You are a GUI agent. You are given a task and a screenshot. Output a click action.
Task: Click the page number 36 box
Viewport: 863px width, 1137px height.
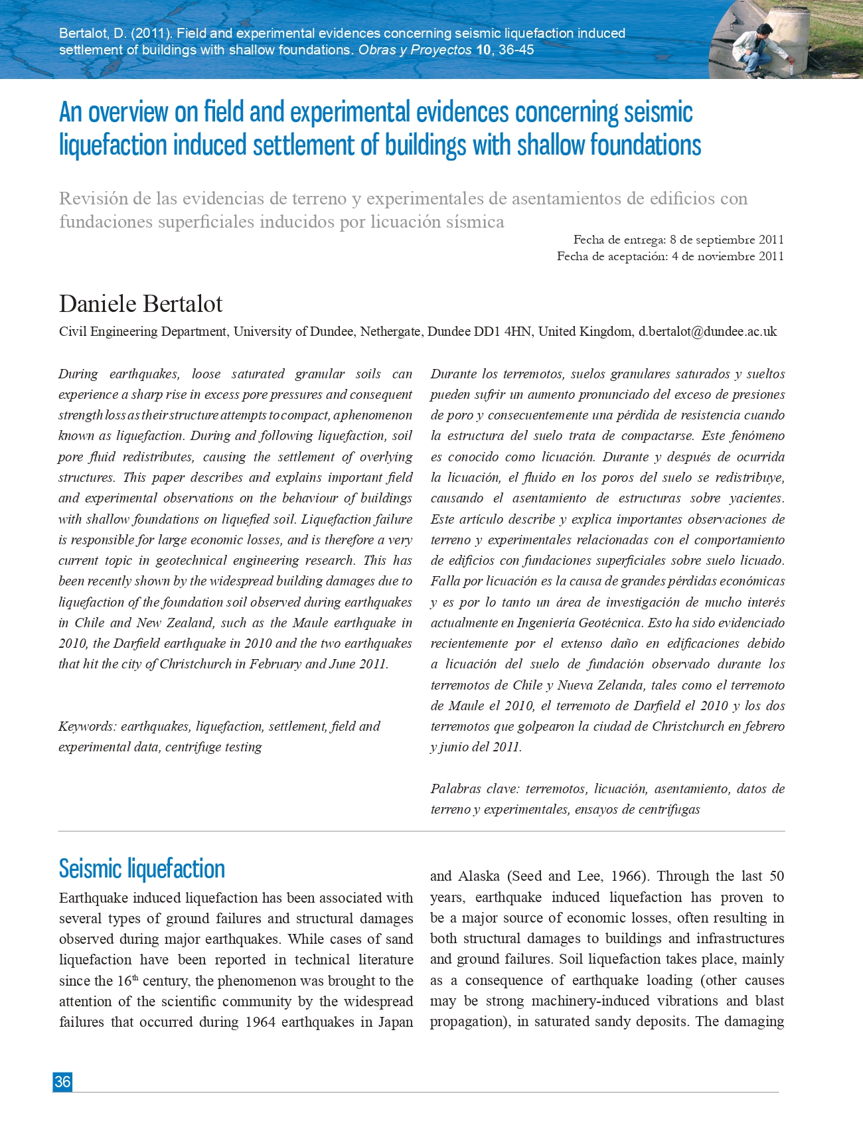(62, 1081)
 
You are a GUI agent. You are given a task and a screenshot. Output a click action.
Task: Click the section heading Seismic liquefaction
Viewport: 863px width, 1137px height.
(141, 868)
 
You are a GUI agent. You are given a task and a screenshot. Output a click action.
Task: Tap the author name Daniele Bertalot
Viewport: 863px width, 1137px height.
(141, 304)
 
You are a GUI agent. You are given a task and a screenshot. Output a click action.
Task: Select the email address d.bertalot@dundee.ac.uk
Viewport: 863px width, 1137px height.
(707, 331)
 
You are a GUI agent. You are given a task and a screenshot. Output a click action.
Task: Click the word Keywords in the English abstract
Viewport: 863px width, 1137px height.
(86, 726)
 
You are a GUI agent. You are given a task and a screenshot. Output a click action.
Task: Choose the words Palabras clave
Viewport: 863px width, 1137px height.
(473, 789)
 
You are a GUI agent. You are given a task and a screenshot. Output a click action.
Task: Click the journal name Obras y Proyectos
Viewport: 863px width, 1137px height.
(415, 50)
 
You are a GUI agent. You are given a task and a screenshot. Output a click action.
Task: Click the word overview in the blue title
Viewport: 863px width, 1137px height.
(128, 112)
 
